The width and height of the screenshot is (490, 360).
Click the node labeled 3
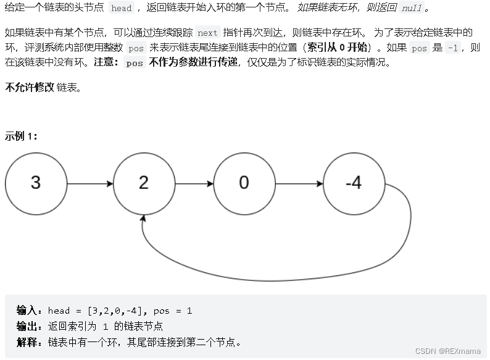(x=36, y=183)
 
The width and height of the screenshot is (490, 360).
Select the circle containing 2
(x=144, y=183)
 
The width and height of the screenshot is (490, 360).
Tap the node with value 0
(x=244, y=183)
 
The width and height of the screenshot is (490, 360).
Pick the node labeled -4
(x=354, y=183)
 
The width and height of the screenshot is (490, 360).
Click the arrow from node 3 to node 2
(x=89, y=183)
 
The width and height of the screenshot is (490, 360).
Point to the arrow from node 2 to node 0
(x=194, y=183)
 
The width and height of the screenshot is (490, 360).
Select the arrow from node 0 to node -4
(x=299, y=183)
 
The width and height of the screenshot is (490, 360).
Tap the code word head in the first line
(x=122, y=8)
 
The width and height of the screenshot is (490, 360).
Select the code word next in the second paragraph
(x=207, y=33)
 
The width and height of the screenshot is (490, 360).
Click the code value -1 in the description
(x=452, y=48)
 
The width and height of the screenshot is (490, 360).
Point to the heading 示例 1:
(x=21, y=136)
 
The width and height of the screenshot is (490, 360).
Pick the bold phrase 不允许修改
(x=29, y=87)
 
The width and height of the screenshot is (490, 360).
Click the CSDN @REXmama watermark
(x=447, y=351)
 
